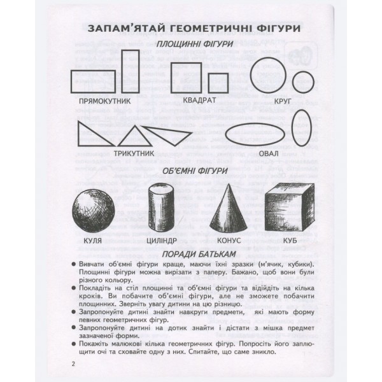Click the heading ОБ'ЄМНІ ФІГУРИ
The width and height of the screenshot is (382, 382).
(x=190, y=171)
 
